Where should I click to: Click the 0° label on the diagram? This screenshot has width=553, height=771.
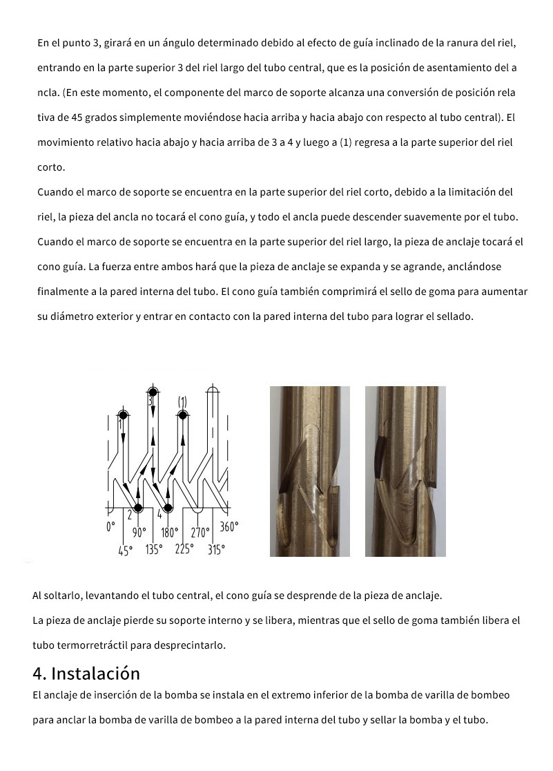tap(110, 527)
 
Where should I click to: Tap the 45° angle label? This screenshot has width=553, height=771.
tap(124, 551)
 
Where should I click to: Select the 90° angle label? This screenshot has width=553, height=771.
tap(139, 533)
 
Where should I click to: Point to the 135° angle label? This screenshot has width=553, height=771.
tap(154, 550)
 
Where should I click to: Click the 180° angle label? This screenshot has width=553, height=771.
tap(169, 533)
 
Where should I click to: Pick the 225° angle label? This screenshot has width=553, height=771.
tap(184, 550)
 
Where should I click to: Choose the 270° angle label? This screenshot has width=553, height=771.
tap(200, 533)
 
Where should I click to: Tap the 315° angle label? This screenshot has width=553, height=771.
tap(216, 551)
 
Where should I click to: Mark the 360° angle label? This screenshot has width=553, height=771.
tap(229, 527)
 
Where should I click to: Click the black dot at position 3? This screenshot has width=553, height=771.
tap(153, 392)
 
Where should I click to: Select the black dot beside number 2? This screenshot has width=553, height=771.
tap(138, 508)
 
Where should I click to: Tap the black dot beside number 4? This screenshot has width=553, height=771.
tap(168, 508)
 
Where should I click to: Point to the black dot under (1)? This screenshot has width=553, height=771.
tap(182, 415)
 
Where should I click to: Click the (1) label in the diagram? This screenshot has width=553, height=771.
tap(182, 401)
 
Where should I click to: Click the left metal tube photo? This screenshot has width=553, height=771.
tap(309, 471)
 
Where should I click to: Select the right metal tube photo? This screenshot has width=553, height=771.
tap(405, 471)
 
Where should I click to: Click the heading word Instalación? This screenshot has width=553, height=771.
tap(95, 674)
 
